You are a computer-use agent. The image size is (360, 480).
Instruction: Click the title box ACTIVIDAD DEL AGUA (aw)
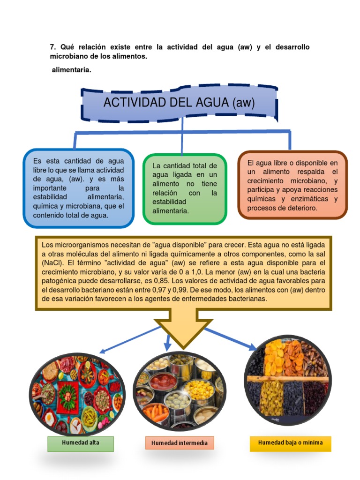(179, 103)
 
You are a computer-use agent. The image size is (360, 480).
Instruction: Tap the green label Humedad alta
(81, 443)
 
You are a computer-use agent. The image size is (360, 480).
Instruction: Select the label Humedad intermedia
(180, 443)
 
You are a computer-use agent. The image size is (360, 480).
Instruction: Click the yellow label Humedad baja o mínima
(290, 443)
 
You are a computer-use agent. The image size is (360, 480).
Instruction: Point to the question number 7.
(52, 47)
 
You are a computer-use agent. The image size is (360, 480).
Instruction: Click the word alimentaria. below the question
(71, 70)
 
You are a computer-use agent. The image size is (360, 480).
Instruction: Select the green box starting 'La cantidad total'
(185, 188)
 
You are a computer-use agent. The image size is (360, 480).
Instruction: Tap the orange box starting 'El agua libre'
(292, 185)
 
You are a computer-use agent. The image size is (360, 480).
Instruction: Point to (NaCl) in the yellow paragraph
(53, 263)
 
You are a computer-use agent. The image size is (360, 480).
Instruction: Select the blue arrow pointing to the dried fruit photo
(230, 338)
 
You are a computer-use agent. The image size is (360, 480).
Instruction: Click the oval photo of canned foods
(179, 391)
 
